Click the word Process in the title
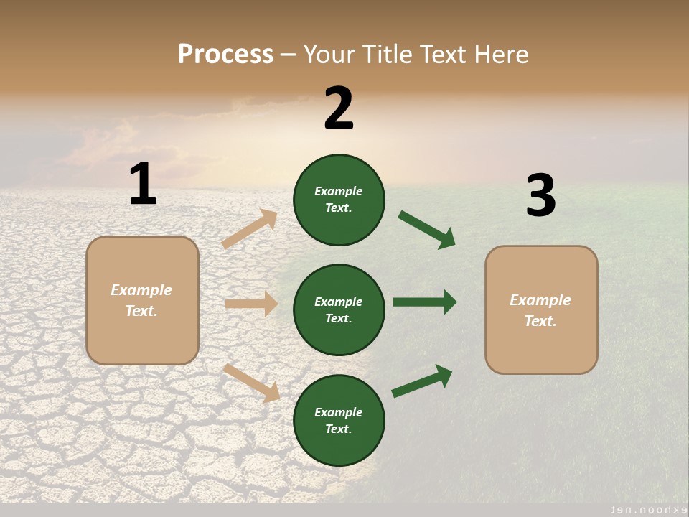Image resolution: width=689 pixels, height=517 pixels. coord(225,55)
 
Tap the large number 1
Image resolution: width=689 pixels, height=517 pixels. coord(143,185)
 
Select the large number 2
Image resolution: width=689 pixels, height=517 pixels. coord(339,108)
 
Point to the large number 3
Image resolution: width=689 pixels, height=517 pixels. coord(540,195)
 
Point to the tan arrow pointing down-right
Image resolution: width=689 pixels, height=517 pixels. coord(252,383)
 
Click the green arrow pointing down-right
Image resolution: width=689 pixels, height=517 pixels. coord(427,230)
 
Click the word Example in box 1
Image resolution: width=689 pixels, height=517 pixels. coord(141,290)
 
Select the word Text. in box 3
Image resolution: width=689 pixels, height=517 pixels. coord(540,321)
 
